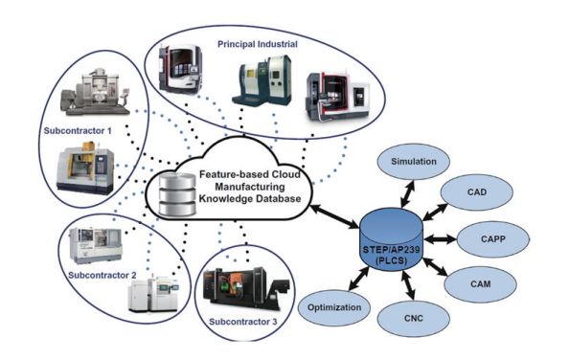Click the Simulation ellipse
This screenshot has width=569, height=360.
coord(413,162)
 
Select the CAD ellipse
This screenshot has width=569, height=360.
coord(476,192)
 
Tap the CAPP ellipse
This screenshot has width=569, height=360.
coord(492,239)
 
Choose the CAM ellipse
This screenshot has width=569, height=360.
coord(480,284)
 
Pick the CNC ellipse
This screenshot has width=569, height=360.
coord(413,318)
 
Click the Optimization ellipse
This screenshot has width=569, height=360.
coord(334,307)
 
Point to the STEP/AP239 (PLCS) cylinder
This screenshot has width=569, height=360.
coord(391,239)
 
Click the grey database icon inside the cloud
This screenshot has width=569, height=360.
coord(178,195)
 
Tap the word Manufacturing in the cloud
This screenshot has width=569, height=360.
coord(250,187)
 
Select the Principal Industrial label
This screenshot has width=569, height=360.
coord(258,44)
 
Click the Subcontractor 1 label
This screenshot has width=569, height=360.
coord(78,130)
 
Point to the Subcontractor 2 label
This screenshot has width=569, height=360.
coord(102,275)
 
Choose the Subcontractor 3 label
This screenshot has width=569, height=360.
coord(242,322)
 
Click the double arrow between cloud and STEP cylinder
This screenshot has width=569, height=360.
coord(335,216)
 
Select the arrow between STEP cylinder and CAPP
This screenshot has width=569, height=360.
coord(440,239)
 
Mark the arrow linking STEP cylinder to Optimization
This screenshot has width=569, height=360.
coord(359,279)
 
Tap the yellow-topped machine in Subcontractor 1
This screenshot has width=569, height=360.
coord(85,168)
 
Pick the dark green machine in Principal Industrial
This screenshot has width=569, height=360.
coord(262,80)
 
